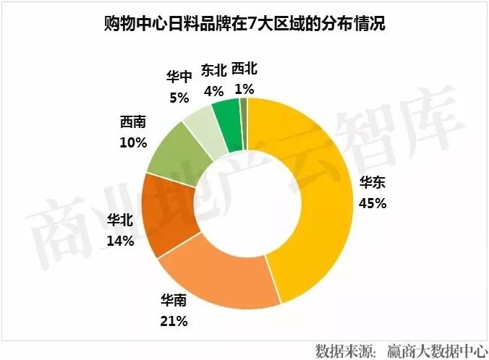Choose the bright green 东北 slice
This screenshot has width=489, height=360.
pos(226,116)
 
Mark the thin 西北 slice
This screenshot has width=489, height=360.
pos(244,112)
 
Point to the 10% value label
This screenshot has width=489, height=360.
pos(133,142)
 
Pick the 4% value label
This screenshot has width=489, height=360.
pos(213,91)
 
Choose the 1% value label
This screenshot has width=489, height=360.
pos(244,90)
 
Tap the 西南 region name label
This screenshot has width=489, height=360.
pos(134,123)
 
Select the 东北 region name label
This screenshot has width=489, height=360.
pos(213,72)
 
